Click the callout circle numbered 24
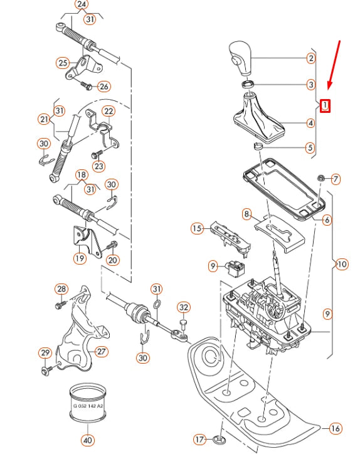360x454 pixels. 82,4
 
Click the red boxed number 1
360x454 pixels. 325,105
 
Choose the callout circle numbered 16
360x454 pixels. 336,429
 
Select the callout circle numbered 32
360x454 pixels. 183,307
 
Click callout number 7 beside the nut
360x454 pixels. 336,179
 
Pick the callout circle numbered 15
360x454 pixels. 198,228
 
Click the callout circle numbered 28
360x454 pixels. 61,289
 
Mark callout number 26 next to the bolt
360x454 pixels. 103,86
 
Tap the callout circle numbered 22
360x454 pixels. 109,111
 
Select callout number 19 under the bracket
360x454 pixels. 80,258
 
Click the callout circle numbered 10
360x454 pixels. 341,264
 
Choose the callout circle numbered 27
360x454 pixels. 102,351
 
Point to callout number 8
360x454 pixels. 246,214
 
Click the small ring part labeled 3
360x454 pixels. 248,83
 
